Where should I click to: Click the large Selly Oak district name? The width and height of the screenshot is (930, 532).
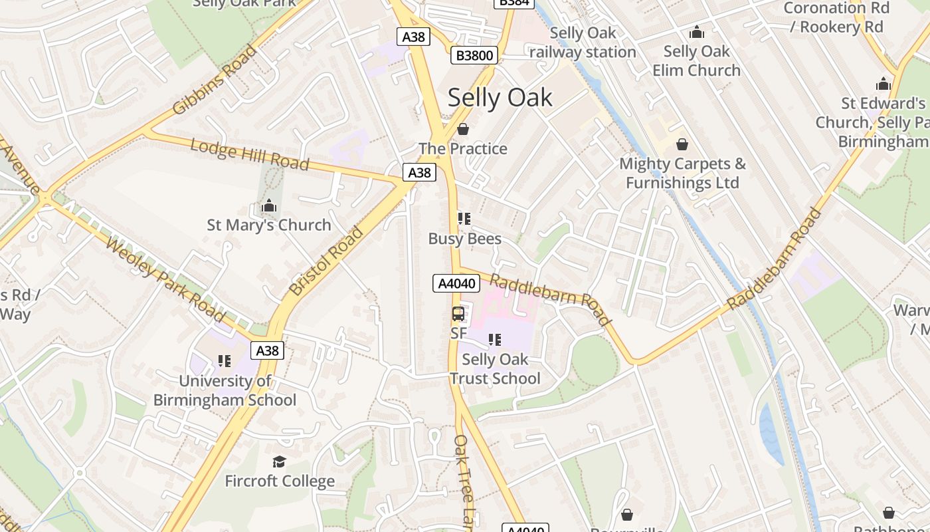[500, 98]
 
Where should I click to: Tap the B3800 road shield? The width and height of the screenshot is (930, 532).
[474, 55]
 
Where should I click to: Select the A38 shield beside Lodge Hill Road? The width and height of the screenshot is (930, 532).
[419, 173]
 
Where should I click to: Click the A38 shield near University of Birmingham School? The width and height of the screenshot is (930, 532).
[267, 350]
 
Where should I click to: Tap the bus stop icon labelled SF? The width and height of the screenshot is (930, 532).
[458, 314]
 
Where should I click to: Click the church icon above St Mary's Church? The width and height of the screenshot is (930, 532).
[269, 205]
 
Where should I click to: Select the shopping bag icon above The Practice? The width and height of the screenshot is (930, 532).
[463, 128]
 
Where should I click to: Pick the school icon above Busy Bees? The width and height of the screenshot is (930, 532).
[464, 219]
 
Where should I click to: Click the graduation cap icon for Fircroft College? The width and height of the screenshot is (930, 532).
[279, 462]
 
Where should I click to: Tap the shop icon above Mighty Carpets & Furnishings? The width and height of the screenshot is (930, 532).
[682, 144]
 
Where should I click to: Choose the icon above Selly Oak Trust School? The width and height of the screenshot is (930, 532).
[494, 340]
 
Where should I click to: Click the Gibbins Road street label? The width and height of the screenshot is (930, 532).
[214, 80]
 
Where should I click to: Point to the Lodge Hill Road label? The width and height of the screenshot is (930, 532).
[250, 154]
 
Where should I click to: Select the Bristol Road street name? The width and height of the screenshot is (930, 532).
[326, 261]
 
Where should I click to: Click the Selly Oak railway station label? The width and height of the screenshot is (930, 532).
[583, 42]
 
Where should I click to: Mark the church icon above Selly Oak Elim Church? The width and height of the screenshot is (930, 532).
[696, 32]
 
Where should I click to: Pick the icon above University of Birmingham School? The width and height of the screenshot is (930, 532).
[225, 361]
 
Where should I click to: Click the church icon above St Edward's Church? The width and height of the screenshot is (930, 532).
[883, 84]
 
